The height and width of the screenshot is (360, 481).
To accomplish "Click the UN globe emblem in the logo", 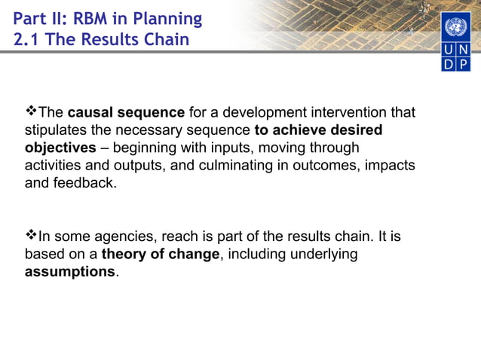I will click(455, 29).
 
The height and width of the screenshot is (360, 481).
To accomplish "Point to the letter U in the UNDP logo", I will click(448, 50).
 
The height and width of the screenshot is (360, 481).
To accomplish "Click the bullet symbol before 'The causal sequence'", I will click(31, 112).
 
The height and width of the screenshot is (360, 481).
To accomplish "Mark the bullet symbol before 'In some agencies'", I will click(31, 236).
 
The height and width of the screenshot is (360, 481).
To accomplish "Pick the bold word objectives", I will click(60, 148).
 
